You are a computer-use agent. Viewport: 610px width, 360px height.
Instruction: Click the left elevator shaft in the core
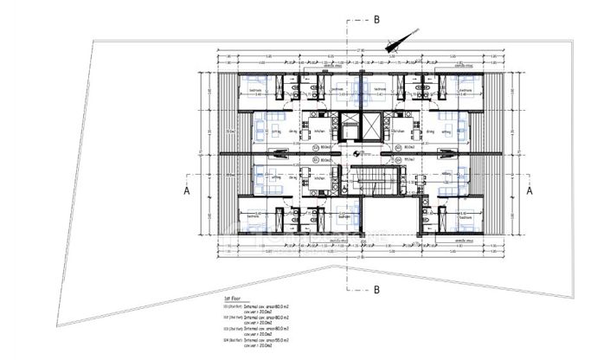[349, 126]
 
